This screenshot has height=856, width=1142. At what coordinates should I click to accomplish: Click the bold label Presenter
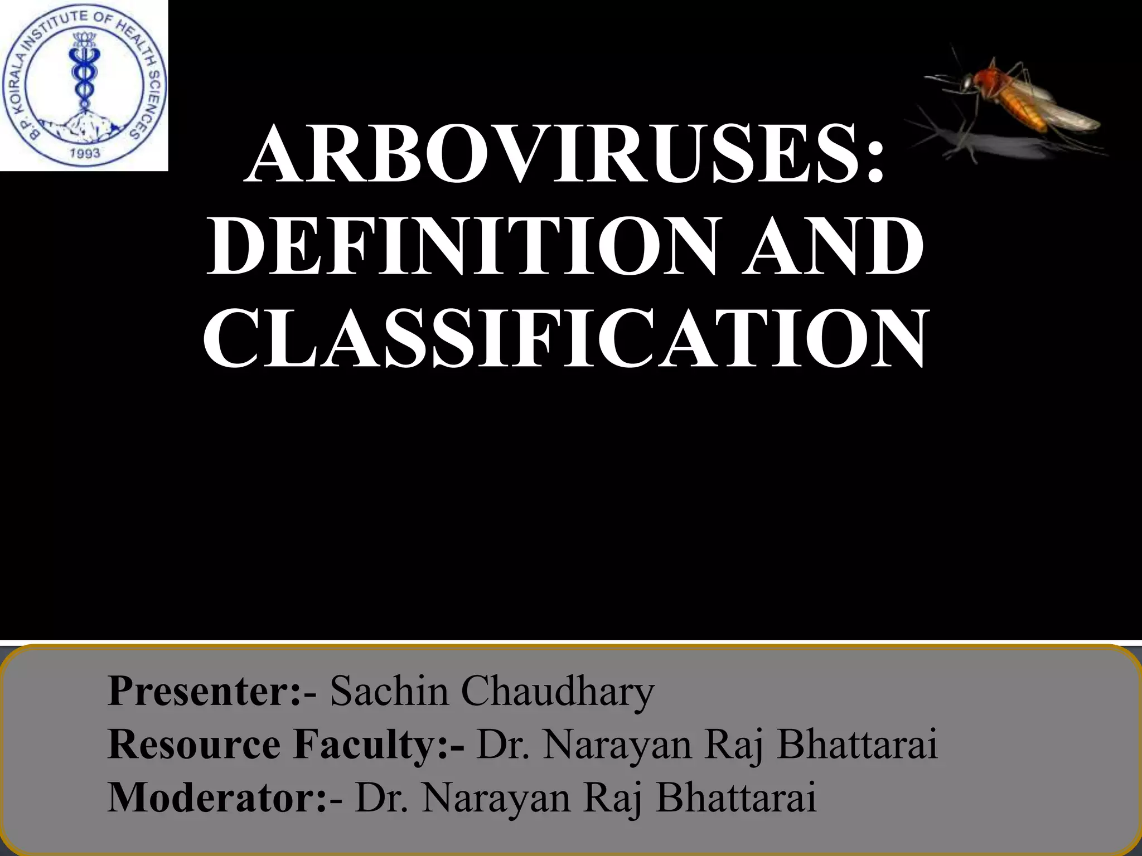click(x=204, y=692)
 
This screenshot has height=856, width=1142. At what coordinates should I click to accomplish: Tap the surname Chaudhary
click(x=558, y=692)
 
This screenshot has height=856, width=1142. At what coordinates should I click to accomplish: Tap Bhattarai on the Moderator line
click(x=736, y=798)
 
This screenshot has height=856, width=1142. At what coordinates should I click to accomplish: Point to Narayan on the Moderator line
click(x=496, y=798)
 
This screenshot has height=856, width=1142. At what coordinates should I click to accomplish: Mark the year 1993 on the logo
click(x=85, y=153)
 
